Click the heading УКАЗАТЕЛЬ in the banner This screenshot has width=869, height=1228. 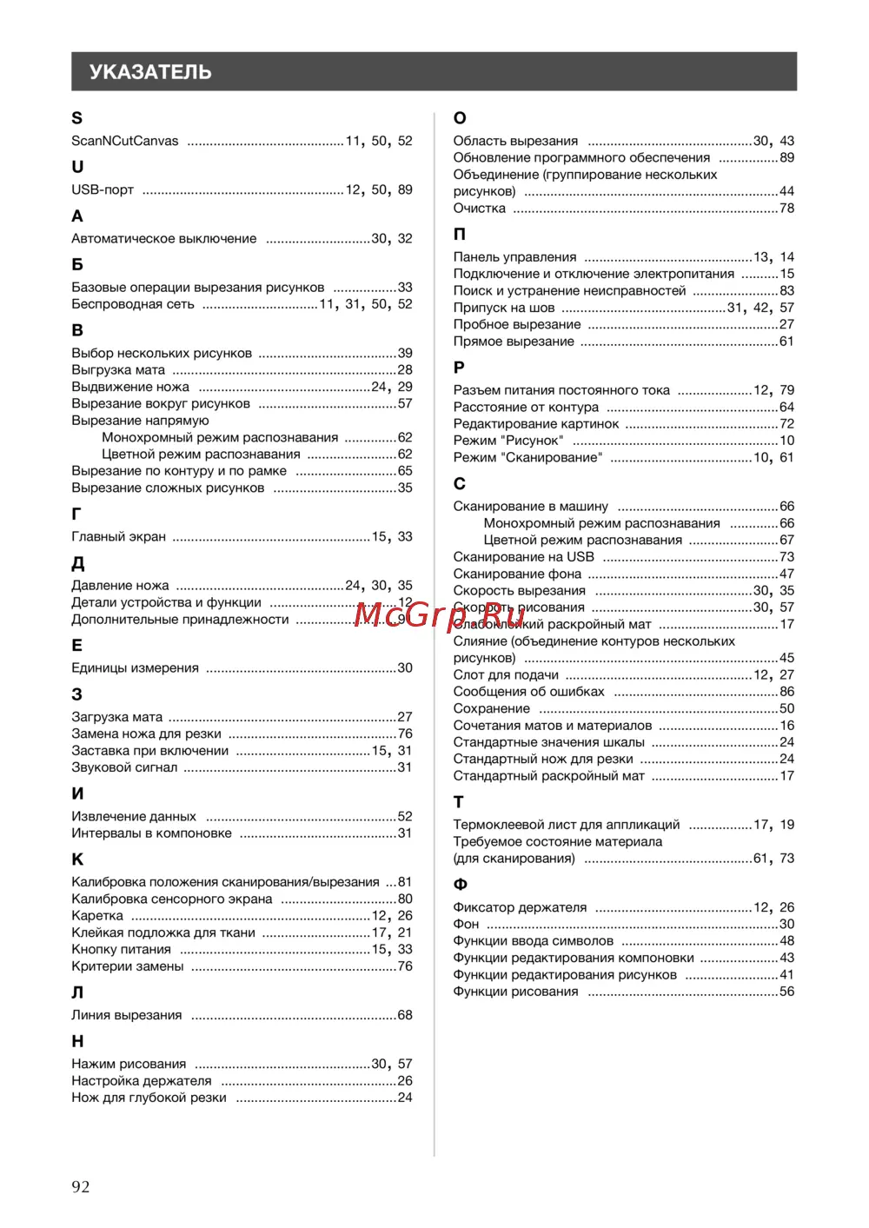pos(150,72)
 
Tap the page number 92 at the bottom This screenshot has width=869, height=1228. pos(81,1187)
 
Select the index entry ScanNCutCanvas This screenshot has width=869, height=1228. pos(125,141)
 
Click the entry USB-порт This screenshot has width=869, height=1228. pos(103,189)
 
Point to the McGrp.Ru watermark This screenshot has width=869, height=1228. pos(440,614)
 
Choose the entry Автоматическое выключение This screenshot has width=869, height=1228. pos(164,238)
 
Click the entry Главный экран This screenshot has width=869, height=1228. pos(118,537)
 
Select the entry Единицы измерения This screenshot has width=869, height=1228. pos(135,668)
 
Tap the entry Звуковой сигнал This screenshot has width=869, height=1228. pos(124,767)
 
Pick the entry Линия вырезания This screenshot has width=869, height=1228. pos(127,1015)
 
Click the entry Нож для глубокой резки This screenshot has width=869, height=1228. pos(149,1098)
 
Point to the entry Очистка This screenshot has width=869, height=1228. pos(479,209)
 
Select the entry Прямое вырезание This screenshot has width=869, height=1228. pos(514,342)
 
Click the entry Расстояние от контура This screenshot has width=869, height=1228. pos(526,407)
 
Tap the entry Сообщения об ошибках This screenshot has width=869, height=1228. pos(528,692)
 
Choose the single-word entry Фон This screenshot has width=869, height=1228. pos(466,924)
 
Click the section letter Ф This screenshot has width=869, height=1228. pos(461,885)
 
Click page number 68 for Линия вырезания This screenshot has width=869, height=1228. pos(405,1015)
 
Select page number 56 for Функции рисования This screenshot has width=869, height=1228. pos(786,992)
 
